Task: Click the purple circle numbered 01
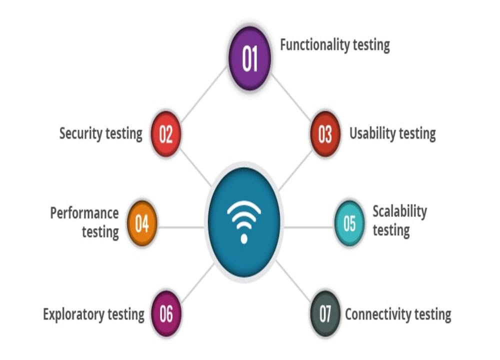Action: coord(249,58)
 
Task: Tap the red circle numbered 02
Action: coord(165,134)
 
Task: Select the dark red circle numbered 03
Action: coord(325,134)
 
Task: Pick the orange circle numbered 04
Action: coord(142,223)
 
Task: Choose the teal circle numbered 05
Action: coord(349,223)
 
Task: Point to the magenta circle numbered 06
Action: coord(166,314)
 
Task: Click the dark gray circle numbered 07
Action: coord(325,314)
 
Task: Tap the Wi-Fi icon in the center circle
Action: coord(244,220)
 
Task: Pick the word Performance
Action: coord(84,213)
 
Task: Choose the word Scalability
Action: coord(399,211)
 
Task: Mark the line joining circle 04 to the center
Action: coord(181,227)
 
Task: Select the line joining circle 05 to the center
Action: coord(309,227)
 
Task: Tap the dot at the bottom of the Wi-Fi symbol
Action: coord(244,238)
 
